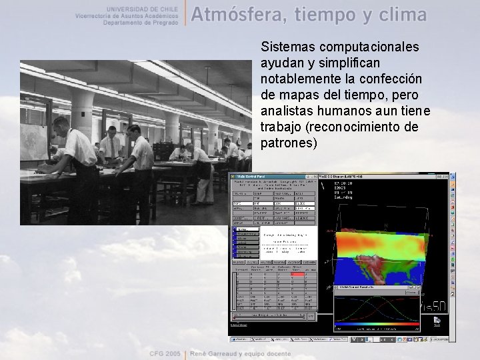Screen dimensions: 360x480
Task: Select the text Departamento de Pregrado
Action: click(x=141, y=22)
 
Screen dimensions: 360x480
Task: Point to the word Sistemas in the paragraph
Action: click(x=287, y=47)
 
